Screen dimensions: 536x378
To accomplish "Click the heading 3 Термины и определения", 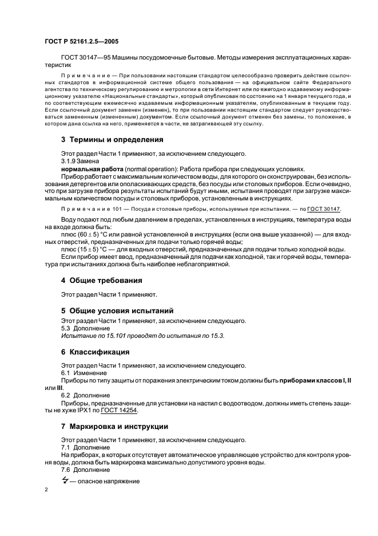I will point(104,139).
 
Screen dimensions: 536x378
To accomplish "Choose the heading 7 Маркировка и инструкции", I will point(114,426).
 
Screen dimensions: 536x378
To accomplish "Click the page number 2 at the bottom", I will point(46,490).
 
